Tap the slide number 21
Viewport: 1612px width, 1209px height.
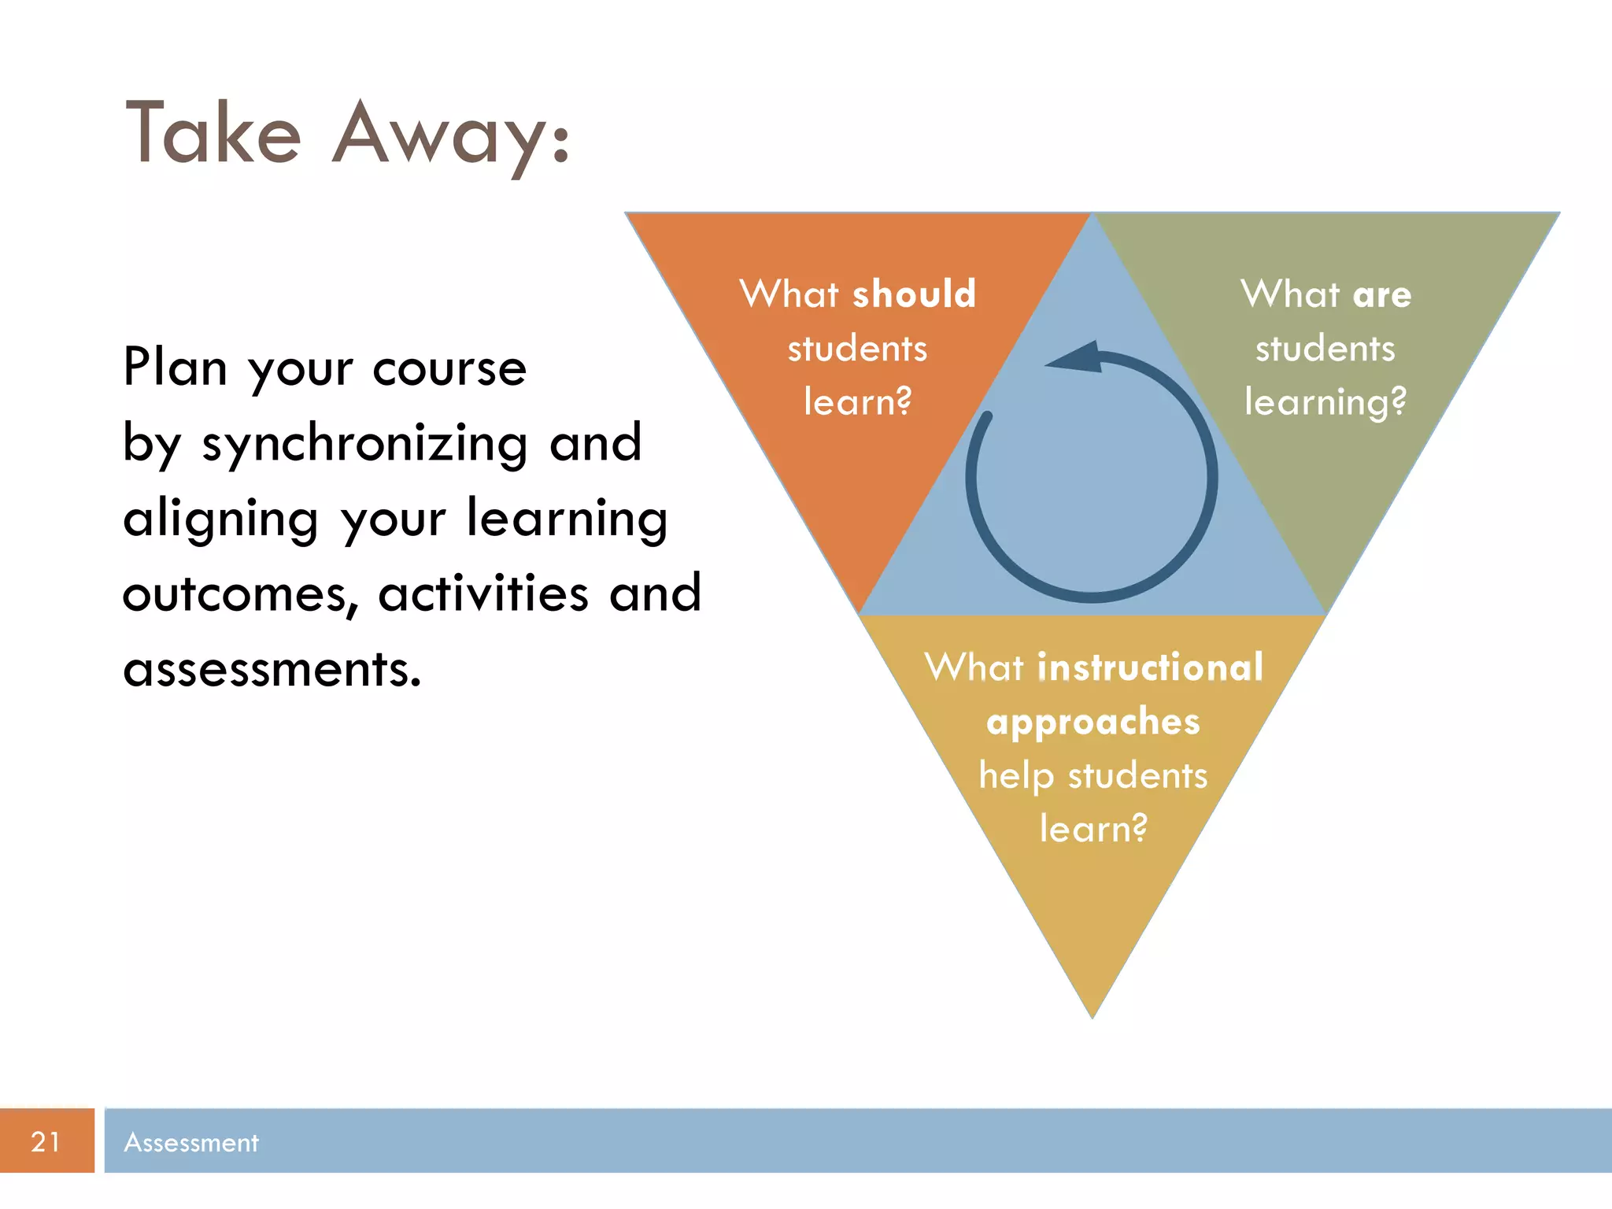pos(46,1141)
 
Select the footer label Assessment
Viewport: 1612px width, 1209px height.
pos(191,1142)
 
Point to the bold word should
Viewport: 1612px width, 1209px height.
pos(914,294)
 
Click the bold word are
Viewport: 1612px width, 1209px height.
pos(1382,294)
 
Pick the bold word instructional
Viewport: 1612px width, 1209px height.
pos(1150,667)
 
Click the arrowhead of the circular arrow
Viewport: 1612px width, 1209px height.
pos(1076,358)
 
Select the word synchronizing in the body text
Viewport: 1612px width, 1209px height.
pos(364,444)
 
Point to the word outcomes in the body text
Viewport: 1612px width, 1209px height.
pos(235,594)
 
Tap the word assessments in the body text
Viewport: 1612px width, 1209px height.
pos(272,670)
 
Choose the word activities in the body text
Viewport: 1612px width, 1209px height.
pos(483,593)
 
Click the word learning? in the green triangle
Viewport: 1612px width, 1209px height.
pos(1325,402)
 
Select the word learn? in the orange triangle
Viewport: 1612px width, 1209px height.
pos(857,401)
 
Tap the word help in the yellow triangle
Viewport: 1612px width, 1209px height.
pos(1016,776)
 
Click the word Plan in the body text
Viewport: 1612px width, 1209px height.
pos(175,367)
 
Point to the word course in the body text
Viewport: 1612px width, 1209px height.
pos(449,368)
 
